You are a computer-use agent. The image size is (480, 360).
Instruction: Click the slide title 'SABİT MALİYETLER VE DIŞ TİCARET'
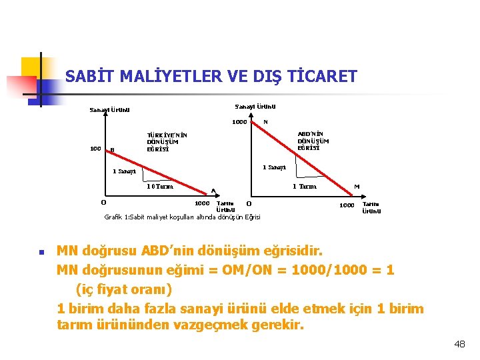click(211, 76)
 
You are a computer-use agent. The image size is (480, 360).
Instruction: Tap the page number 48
click(459, 344)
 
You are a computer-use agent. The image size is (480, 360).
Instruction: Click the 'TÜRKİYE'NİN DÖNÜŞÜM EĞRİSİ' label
click(162, 141)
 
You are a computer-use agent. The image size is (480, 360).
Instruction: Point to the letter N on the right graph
click(265, 122)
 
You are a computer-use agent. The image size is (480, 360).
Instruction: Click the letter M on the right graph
click(357, 187)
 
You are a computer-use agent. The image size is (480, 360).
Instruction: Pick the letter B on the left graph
click(112, 149)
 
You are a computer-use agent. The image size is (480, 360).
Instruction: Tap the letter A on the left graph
click(213, 189)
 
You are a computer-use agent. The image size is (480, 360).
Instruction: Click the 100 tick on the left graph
click(95, 149)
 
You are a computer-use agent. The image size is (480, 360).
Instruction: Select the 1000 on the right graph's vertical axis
click(239, 122)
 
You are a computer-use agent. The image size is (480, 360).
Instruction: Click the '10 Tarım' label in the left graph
click(160, 187)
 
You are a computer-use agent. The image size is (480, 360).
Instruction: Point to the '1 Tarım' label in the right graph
click(304, 187)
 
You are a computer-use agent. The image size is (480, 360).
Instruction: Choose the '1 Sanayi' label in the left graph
click(125, 171)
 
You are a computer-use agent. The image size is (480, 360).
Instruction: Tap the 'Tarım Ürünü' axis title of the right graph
click(371, 207)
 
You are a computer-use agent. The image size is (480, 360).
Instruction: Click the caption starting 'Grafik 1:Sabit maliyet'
click(182, 217)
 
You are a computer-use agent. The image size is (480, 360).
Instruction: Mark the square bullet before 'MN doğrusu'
click(41, 253)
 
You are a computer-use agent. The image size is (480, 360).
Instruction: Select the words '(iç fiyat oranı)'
click(123, 290)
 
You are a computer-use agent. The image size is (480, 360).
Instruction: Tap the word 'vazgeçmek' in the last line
click(209, 326)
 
